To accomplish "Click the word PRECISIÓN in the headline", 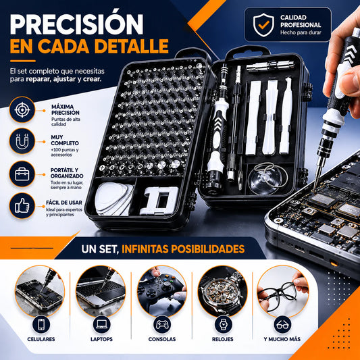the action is pyautogui.click(x=76, y=24).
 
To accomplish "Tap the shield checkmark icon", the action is pyautogui.click(x=263, y=25).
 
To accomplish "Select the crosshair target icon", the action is pyautogui.click(x=22, y=109).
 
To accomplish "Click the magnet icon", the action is pyautogui.click(x=22, y=141).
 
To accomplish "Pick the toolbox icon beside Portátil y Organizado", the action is pyautogui.click(x=22, y=174).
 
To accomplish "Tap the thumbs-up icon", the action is pyautogui.click(x=22, y=206).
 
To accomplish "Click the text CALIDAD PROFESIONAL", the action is pyautogui.click(x=301, y=21).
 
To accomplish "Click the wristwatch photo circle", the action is pyautogui.click(x=223, y=291).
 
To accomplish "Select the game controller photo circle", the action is pyautogui.click(x=162, y=291).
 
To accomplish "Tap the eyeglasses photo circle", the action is pyautogui.click(x=282, y=291).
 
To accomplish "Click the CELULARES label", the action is pyautogui.click(x=41, y=339).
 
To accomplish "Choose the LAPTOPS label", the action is pyautogui.click(x=101, y=339).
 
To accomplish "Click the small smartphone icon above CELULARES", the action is pyautogui.click(x=41, y=325).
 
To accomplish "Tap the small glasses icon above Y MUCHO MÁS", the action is pyautogui.click(x=282, y=325).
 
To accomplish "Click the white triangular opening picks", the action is pyautogui.click(x=114, y=199).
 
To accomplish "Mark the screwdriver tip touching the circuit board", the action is pyautogui.click(x=313, y=190).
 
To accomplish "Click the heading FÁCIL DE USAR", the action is pyautogui.click(x=64, y=203).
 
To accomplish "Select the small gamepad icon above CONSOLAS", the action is pyautogui.click(x=162, y=325).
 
